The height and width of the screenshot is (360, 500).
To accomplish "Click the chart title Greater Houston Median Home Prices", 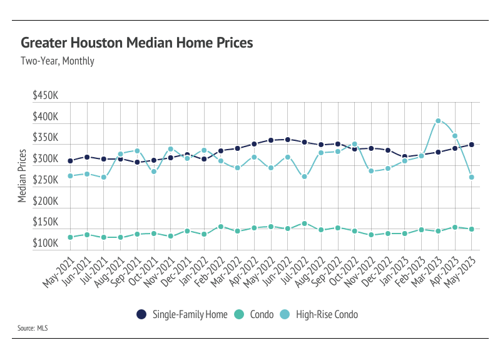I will [x=136, y=43].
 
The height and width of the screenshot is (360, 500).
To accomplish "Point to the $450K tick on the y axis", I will [x=46, y=96].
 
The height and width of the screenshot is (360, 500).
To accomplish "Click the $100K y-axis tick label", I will [x=46, y=244].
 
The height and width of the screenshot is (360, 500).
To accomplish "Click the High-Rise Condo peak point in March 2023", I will [x=438, y=121].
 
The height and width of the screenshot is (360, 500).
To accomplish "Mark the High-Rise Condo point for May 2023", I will [x=471, y=177].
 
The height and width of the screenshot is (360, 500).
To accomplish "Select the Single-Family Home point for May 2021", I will [x=70, y=161].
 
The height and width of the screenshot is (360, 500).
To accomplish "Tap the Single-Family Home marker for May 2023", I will [x=471, y=145].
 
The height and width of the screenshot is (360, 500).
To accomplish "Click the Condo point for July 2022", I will [x=304, y=224].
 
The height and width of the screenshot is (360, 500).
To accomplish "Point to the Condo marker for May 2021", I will [x=70, y=237].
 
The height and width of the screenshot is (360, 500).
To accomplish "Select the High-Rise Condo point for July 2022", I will [x=304, y=177].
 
